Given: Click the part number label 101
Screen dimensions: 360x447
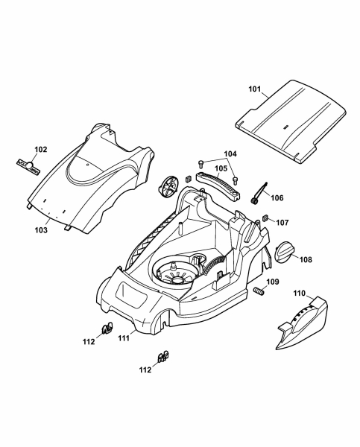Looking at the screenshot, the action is coord(255,89).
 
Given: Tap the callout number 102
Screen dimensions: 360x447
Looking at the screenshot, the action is coord(41,150).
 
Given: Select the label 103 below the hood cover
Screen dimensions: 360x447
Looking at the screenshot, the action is coord(41,230).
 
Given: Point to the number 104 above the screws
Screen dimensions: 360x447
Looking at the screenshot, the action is coord(230,154).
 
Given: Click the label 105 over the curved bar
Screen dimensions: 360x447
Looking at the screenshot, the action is coord(221,168).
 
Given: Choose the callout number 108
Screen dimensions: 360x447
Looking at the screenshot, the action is coord(306,259).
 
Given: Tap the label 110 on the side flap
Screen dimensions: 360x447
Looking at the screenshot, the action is coord(299,293).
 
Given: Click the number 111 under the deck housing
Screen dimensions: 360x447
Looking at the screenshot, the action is coord(124,338).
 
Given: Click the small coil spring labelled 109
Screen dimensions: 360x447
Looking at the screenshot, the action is coord(259,291).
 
